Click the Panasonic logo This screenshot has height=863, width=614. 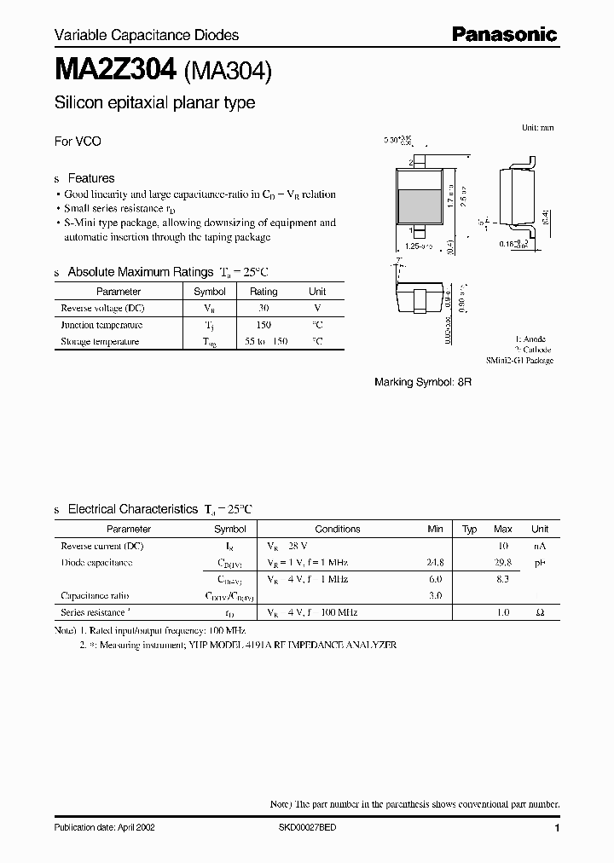click(x=503, y=34)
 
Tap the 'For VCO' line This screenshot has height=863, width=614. click(x=78, y=142)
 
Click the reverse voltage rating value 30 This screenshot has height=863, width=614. click(x=264, y=308)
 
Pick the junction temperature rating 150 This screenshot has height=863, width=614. click(x=264, y=325)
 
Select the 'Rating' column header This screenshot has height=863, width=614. click(x=264, y=292)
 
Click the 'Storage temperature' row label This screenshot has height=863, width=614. click(x=100, y=341)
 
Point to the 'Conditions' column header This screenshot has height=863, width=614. click(x=338, y=529)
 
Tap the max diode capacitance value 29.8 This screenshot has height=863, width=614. click(x=502, y=563)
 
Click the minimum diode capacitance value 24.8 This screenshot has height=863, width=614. click(x=434, y=563)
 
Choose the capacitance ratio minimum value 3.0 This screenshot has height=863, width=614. click(x=437, y=596)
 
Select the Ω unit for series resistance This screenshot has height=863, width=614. click(x=540, y=612)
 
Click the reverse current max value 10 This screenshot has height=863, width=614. click(x=504, y=546)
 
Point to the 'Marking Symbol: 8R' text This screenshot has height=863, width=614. click(x=423, y=383)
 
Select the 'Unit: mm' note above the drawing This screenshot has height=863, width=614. click(x=537, y=127)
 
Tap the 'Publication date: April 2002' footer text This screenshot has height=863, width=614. click(x=104, y=828)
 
